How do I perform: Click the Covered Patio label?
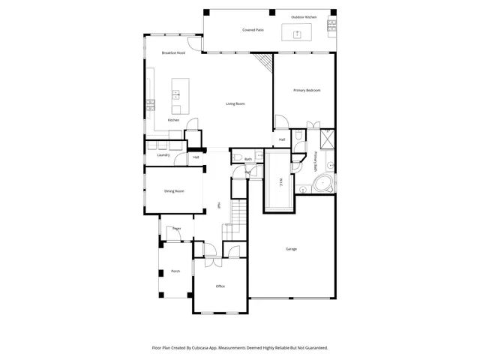click(253, 30)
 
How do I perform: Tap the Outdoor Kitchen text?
click(303, 16)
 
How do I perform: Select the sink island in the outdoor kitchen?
click(296, 34)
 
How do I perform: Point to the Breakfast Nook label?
click(173, 52)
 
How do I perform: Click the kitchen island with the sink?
click(178, 94)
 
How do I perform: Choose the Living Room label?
click(235, 103)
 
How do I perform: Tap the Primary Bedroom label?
click(307, 90)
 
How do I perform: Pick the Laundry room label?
click(163, 155)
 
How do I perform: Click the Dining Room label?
click(174, 190)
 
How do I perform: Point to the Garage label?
click(291, 249)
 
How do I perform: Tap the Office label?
click(220, 286)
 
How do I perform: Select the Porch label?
click(175, 271)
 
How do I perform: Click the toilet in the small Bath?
click(236, 157)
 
